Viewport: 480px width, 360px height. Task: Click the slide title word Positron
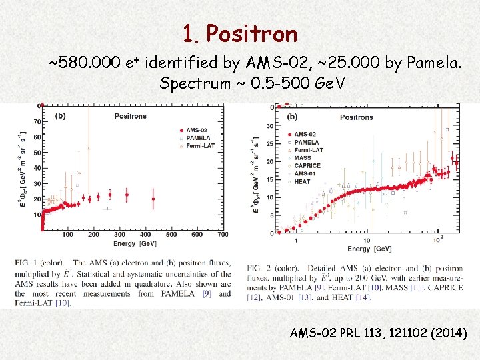pos(251,33)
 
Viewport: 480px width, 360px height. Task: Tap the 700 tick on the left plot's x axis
pos(223,235)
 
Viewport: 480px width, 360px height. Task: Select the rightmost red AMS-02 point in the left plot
pos(153,198)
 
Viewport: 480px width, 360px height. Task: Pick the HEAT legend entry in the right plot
pos(302,182)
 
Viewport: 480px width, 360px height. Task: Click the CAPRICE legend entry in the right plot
pos(307,166)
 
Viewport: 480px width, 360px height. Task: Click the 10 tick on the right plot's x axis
pos(367,240)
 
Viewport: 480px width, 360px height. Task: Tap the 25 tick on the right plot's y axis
pos(269,144)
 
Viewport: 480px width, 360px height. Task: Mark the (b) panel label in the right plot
pos(292,117)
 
